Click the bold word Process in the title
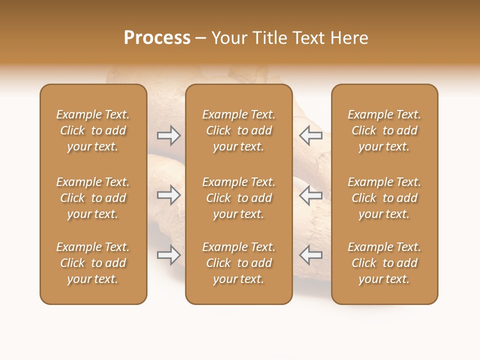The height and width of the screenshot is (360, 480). click(157, 38)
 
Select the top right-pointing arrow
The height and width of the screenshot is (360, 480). click(169, 135)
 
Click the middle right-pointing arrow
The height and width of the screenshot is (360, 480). click(169, 195)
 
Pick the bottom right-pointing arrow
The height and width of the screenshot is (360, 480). click(169, 255)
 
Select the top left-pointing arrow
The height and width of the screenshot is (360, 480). click(310, 135)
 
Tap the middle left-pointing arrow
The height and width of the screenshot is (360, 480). click(310, 195)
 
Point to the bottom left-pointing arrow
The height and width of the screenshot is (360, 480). click(310, 255)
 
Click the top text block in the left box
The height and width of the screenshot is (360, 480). click(93, 130)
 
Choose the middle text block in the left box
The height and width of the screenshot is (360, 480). click(93, 198)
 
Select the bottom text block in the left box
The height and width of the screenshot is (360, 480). click(93, 263)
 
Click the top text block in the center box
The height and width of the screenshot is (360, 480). click(238, 130)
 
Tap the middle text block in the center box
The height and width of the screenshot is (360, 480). click(238, 198)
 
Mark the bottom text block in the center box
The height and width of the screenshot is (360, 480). click(238, 263)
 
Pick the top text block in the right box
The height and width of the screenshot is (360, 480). click(384, 130)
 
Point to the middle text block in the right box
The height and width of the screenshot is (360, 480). click(384, 198)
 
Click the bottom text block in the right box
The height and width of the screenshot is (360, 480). click(384, 263)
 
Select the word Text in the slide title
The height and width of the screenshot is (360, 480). click(308, 38)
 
